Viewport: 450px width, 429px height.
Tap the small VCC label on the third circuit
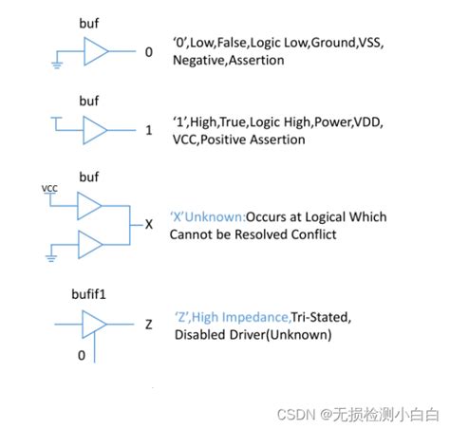click(49, 189)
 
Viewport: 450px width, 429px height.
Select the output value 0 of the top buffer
click(148, 52)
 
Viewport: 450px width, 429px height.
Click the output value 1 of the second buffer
click(149, 131)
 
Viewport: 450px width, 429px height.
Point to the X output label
click(149, 225)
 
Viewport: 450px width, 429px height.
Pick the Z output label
click(149, 325)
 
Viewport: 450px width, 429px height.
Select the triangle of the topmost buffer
click(95, 51)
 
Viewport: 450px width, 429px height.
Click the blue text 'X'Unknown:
click(206, 216)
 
